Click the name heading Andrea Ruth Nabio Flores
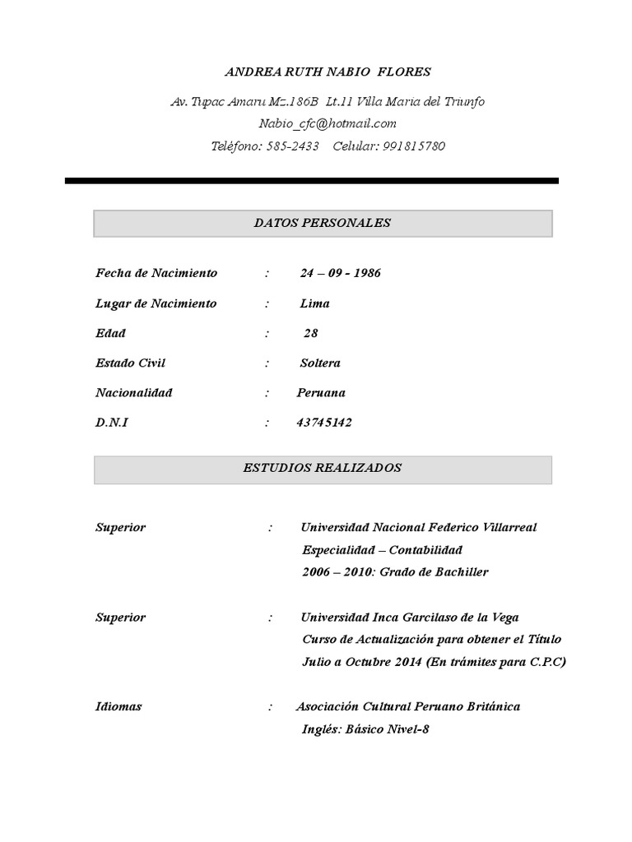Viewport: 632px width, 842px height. (328, 72)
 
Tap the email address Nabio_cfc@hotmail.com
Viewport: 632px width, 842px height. (328, 123)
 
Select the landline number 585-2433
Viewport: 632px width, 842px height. (292, 146)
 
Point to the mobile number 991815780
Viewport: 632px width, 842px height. (414, 146)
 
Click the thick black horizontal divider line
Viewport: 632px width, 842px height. (312, 181)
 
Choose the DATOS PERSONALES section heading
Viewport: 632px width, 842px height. (323, 223)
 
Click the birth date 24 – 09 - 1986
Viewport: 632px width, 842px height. (340, 273)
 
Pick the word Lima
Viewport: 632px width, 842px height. (315, 303)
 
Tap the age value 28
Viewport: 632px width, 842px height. (310, 333)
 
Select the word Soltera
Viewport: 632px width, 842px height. (321, 363)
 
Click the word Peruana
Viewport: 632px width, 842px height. (321, 393)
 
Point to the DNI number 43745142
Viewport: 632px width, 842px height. (324, 423)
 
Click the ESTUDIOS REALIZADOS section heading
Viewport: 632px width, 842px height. (323, 468)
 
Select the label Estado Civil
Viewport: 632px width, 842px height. (131, 363)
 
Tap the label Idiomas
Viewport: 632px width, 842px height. (118, 706)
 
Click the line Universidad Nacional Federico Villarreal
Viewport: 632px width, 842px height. (419, 527)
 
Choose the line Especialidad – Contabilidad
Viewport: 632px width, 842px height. (382, 549)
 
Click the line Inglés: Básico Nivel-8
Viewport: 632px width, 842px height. (365, 729)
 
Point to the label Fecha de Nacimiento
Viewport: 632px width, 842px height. (156, 273)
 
